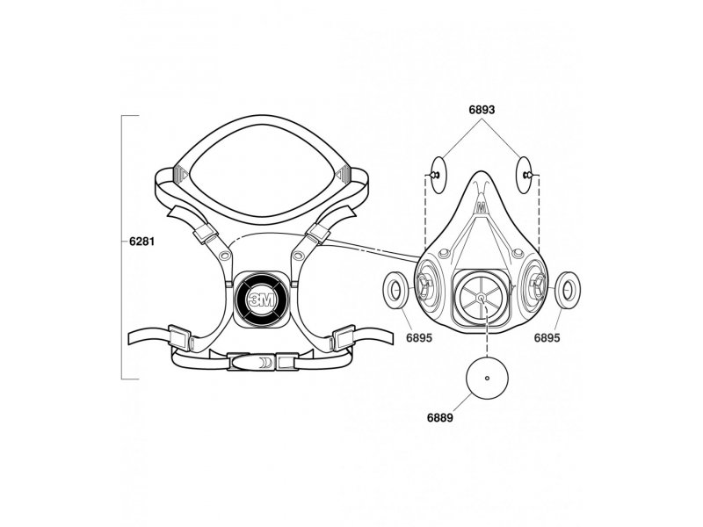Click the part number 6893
(482, 110)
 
